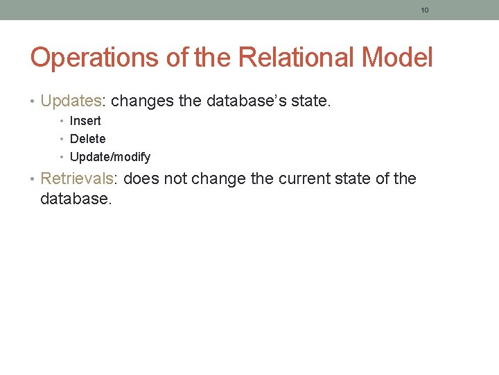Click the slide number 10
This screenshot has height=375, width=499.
coord(425,10)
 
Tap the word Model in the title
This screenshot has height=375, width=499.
coord(400,58)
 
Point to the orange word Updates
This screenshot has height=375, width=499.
coord(71,101)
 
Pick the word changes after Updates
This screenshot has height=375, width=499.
coord(142,101)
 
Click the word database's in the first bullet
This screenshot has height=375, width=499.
coord(243,101)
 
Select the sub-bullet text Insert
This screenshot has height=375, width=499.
coord(85,121)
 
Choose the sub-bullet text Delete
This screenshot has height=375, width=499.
coord(88,139)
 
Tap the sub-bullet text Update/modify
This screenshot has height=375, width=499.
coord(110,157)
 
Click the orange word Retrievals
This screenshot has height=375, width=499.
coord(80,178)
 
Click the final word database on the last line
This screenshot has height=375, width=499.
coord(74,199)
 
